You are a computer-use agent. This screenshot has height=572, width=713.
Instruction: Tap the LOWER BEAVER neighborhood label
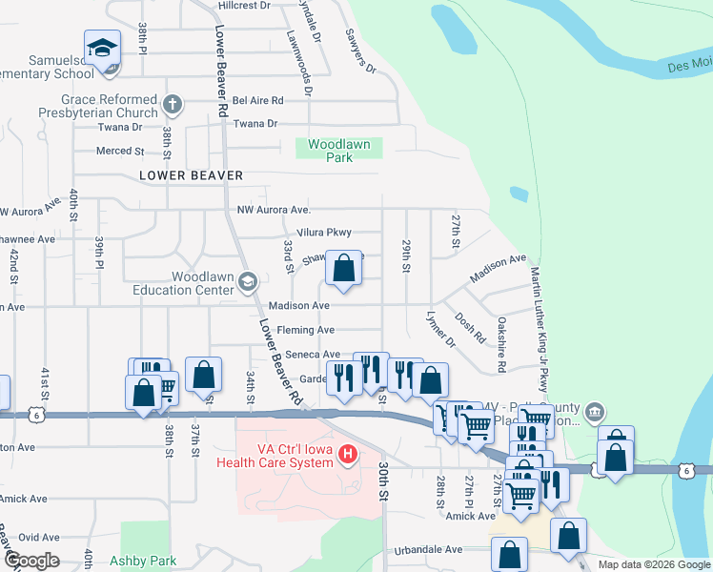click(x=191, y=175)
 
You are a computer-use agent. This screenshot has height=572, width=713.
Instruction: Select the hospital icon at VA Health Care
click(x=348, y=456)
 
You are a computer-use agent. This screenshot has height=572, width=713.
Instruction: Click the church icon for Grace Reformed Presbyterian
click(x=172, y=104)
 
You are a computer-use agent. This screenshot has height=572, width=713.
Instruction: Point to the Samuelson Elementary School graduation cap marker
click(x=101, y=51)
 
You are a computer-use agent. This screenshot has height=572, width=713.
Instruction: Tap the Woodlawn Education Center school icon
click(x=248, y=281)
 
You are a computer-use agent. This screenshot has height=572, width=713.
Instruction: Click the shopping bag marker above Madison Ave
click(x=344, y=268)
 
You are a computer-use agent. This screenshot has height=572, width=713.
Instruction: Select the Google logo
click(x=31, y=561)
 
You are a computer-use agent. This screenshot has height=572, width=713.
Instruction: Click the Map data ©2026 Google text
click(x=653, y=564)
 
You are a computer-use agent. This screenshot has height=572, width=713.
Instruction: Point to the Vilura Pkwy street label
click(x=325, y=233)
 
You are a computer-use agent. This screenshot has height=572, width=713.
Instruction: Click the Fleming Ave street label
click(x=305, y=330)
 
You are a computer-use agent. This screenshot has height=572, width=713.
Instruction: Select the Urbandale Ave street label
click(x=429, y=549)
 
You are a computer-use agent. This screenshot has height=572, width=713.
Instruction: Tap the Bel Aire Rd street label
click(x=258, y=100)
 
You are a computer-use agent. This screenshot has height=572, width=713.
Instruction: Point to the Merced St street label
click(x=120, y=151)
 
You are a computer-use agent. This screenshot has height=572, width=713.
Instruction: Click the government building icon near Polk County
click(x=595, y=413)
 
